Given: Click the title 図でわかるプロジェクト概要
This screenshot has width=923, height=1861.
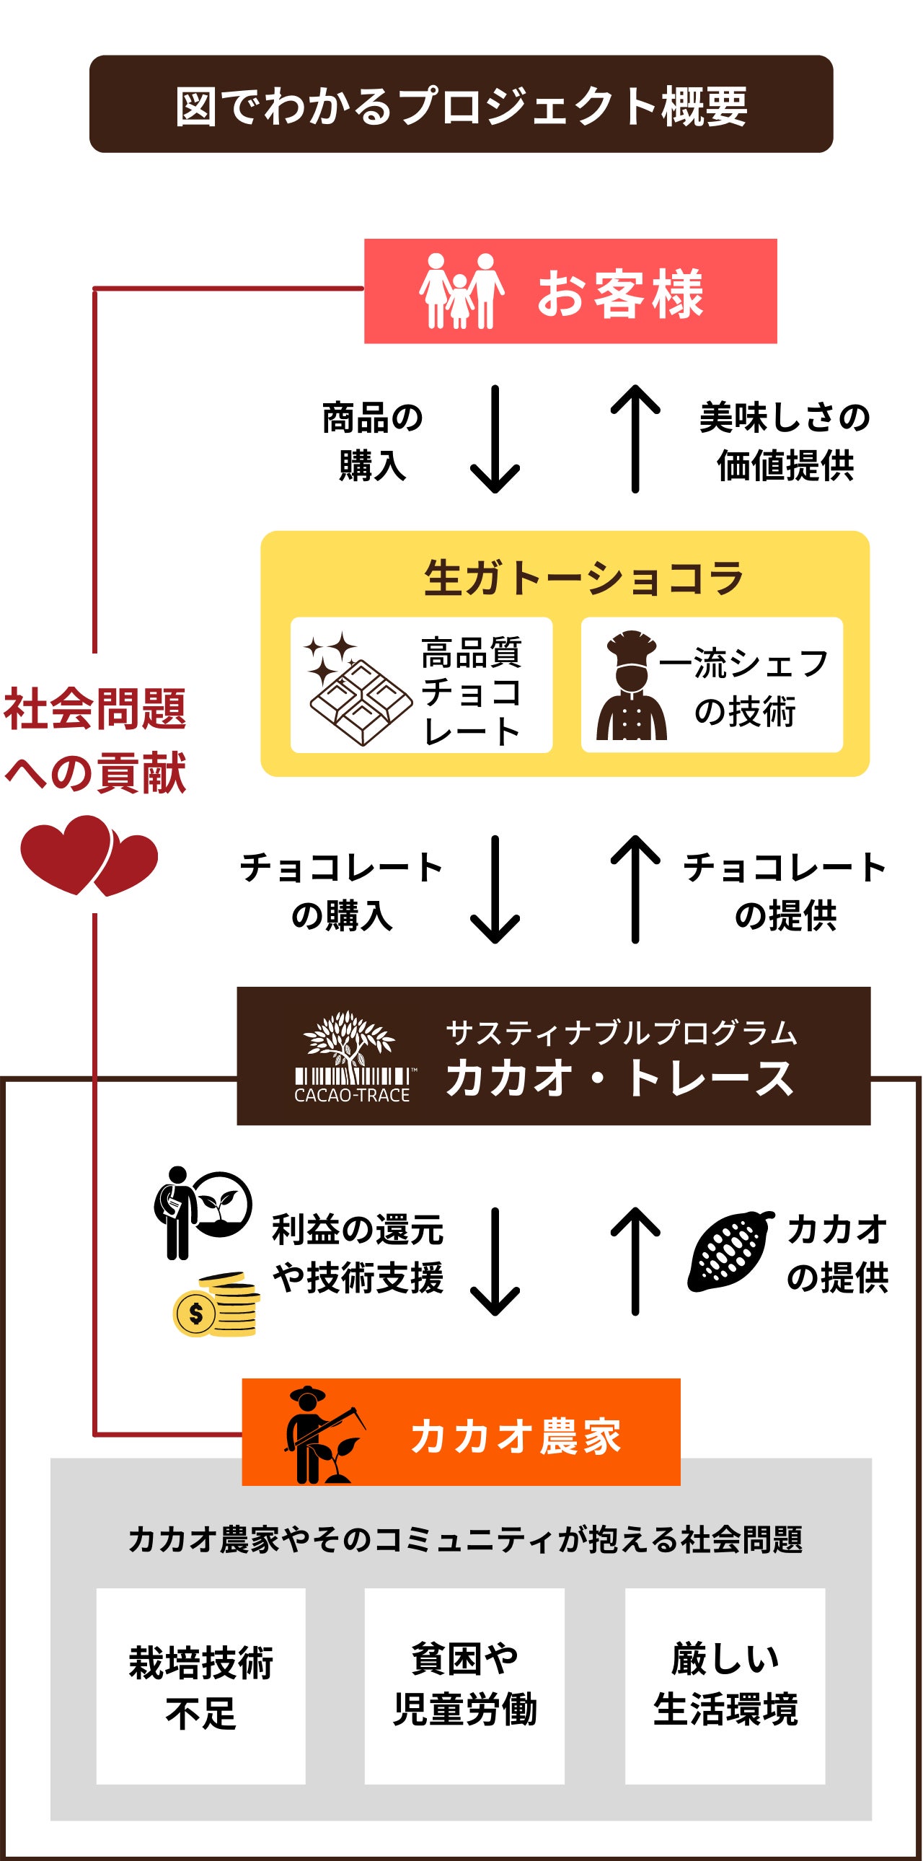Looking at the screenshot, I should (x=461, y=105).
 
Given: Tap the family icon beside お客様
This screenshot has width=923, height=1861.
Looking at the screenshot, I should (x=461, y=291).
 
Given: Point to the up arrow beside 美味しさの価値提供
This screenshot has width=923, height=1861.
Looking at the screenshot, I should (x=635, y=439).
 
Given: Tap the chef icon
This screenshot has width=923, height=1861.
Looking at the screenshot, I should (x=631, y=686).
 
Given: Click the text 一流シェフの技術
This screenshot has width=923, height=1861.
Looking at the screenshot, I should (x=744, y=686).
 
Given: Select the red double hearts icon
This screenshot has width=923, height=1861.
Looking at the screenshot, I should (x=89, y=855).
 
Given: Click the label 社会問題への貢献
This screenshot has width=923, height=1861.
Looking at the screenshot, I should (x=95, y=741).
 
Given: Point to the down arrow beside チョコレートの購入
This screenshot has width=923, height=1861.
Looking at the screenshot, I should (x=495, y=889).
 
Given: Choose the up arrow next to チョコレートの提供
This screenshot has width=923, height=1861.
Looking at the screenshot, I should (x=635, y=889).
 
